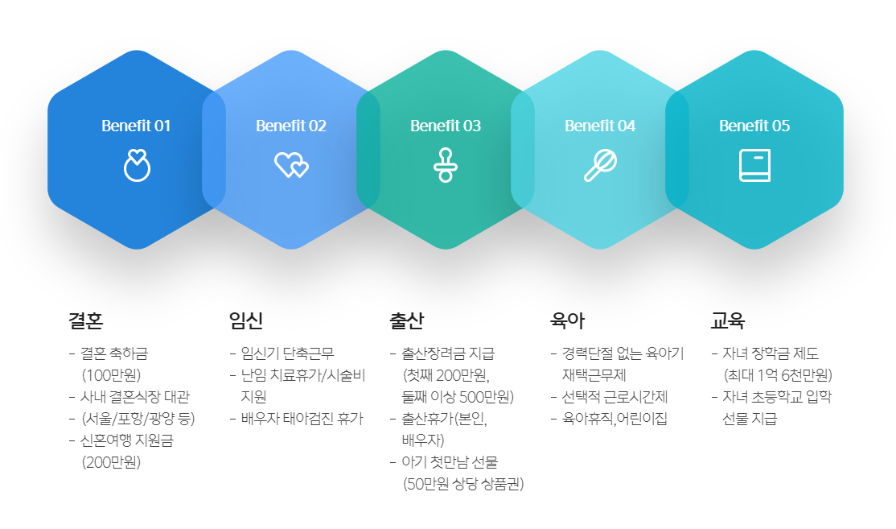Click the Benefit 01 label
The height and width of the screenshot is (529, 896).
(x=136, y=126)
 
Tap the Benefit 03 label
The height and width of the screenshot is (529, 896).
(x=446, y=126)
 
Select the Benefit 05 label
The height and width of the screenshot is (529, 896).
(x=754, y=126)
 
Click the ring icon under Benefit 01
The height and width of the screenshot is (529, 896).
(x=138, y=165)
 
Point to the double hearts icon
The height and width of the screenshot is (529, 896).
(x=291, y=165)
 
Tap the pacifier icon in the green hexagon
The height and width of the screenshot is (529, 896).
(x=446, y=165)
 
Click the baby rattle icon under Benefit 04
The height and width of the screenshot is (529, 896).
(x=600, y=165)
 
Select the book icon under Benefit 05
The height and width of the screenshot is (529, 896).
(x=755, y=165)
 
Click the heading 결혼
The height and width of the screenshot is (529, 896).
(x=86, y=320)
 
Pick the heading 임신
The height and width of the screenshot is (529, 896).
(x=246, y=320)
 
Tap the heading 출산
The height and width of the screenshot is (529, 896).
(x=407, y=320)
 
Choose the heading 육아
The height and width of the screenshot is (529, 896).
(x=567, y=320)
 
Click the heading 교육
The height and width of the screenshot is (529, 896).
(x=728, y=320)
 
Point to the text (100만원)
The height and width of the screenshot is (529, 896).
(x=112, y=375)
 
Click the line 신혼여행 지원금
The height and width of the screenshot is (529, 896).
(x=127, y=440)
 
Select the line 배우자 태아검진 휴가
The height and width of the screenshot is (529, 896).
(x=302, y=419)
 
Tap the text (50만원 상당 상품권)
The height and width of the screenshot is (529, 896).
(x=463, y=484)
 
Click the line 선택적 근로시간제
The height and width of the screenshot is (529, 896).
(x=614, y=397)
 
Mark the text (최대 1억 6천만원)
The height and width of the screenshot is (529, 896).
(x=778, y=375)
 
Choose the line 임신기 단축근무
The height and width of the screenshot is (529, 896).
(x=287, y=353)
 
